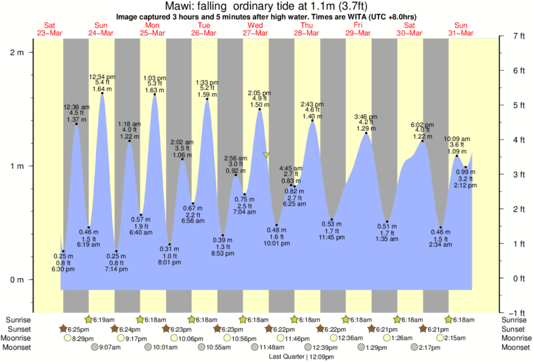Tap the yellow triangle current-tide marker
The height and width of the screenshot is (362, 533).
(x=266, y=155)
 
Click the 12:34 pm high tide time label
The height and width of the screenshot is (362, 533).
(x=102, y=77)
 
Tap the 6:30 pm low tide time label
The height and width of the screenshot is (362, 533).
(x=64, y=269)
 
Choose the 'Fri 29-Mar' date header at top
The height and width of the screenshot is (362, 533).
(x=358, y=29)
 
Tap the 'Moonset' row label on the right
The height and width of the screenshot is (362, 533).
(x=516, y=348)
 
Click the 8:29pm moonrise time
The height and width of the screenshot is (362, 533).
(x=82, y=338)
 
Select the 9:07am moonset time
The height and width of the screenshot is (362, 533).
(x=109, y=348)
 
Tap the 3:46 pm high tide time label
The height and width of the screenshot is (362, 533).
(x=366, y=117)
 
